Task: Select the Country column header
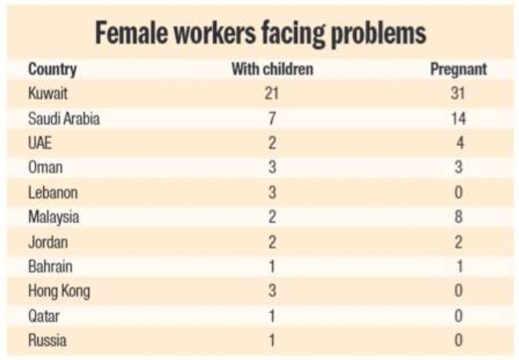(x=52, y=69)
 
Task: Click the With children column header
(x=272, y=69)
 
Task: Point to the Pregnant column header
(x=459, y=69)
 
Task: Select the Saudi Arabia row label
(x=64, y=119)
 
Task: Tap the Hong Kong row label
(x=59, y=291)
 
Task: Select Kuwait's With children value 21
(x=272, y=94)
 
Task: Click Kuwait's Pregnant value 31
(x=459, y=94)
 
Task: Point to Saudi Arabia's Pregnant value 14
(x=459, y=119)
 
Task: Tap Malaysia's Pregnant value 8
(x=459, y=217)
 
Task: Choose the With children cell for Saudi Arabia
(x=272, y=119)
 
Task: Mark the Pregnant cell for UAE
(x=459, y=143)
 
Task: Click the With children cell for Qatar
(x=272, y=316)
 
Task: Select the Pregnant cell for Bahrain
(x=459, y=267)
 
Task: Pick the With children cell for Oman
(x=272, y=168)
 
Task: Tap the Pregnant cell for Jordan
(x=459, y=242)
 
